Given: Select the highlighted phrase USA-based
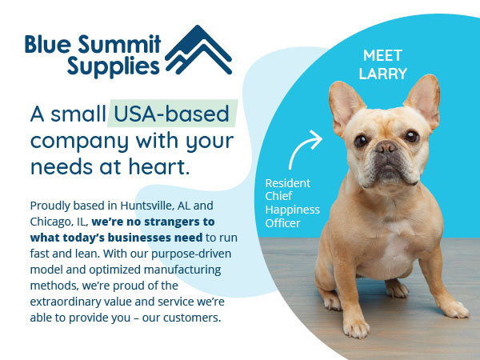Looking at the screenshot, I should click(173, 114).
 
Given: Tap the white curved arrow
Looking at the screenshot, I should click(306, 151).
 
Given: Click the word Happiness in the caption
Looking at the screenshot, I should click(292, 210).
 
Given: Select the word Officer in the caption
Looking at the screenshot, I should click(283, 223).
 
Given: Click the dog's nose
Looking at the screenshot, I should click(387, 148).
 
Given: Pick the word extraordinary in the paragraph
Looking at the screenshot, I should click(73, 302).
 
